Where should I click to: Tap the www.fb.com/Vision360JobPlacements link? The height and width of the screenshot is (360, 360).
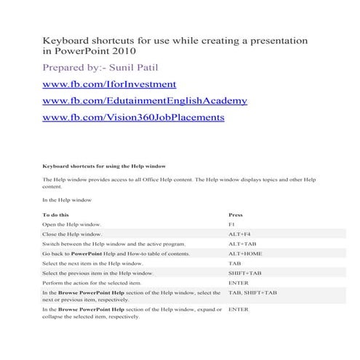pos(133,116)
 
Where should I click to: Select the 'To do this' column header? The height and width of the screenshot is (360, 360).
pos(56,215)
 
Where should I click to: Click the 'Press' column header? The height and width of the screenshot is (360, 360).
pos(236,215)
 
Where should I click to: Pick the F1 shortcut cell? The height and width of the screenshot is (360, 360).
pos(231,225)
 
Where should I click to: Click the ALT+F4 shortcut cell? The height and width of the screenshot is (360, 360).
pos(239,235)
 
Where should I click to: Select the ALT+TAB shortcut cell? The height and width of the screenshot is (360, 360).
pos(240,244)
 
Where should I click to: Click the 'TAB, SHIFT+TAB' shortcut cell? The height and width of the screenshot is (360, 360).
pos(252,292)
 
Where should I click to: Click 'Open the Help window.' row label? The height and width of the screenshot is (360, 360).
pos(72,225)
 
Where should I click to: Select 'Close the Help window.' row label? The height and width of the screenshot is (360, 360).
pos(72,235)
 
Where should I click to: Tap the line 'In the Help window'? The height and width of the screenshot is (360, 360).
pos(67,199)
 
